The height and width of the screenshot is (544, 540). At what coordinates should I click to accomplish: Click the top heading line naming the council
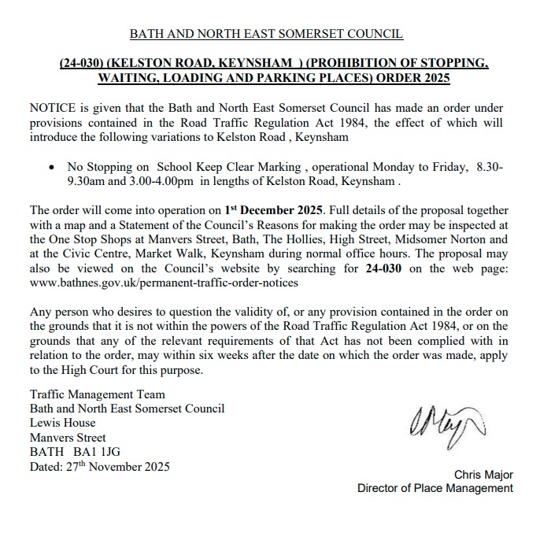(265, 35)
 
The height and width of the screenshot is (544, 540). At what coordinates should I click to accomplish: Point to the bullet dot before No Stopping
(52, 168)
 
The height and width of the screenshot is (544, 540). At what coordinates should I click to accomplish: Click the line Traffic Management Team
(97, 395)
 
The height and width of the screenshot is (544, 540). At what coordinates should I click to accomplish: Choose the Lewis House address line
(63, 424)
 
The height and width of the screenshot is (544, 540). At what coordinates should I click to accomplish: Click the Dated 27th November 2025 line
(99, 466)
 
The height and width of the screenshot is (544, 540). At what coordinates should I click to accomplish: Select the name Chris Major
(483, 474)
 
